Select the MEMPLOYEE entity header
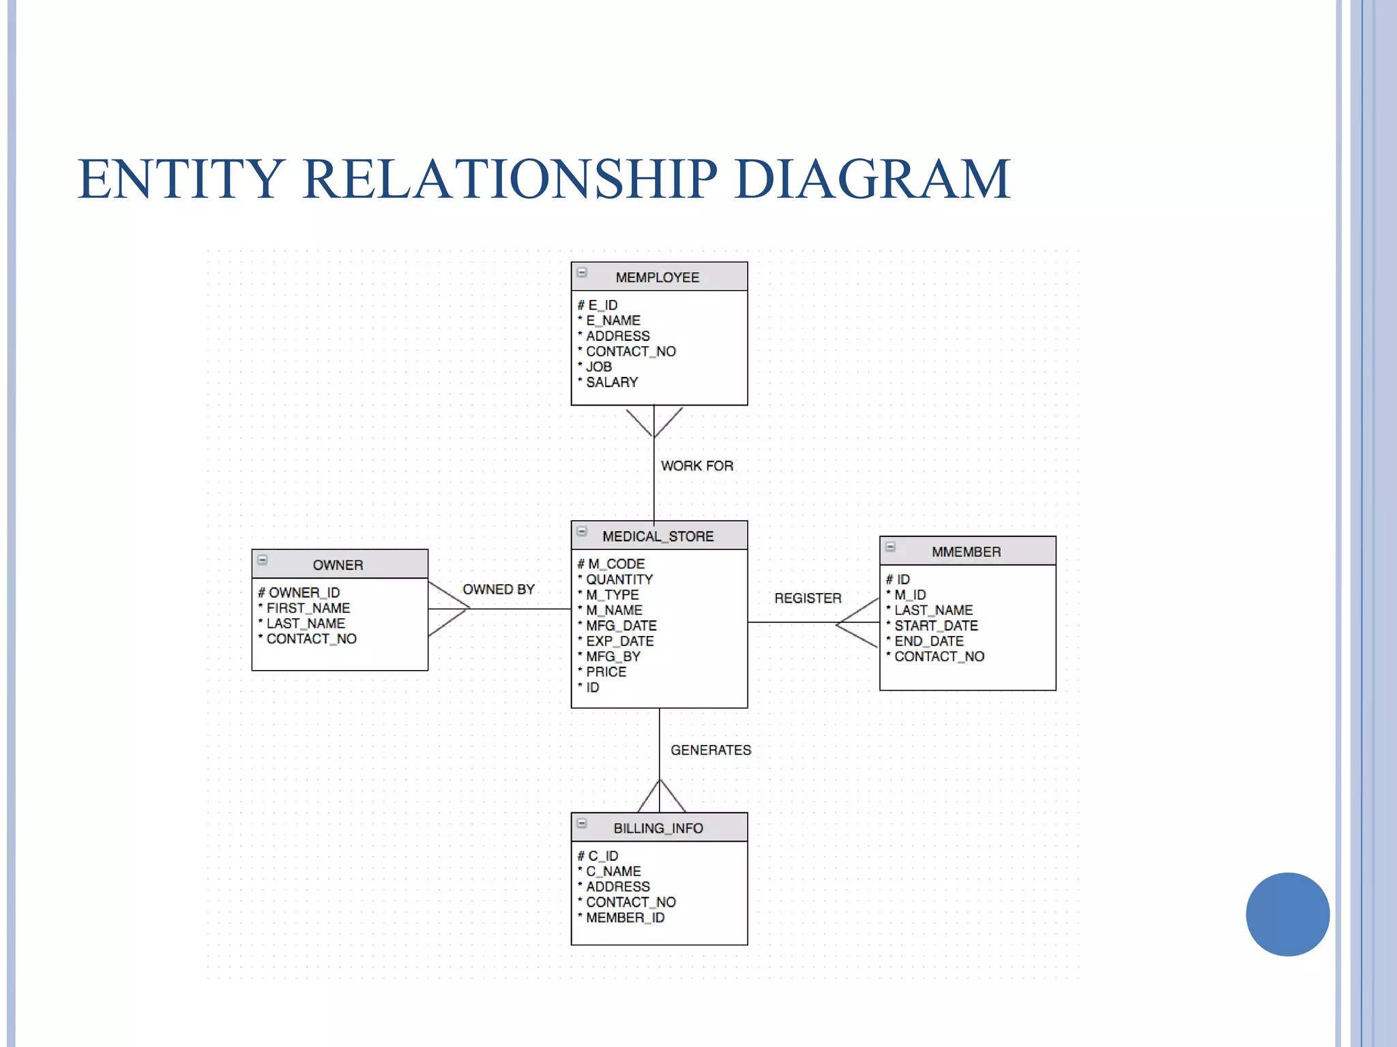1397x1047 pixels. coord(658,277)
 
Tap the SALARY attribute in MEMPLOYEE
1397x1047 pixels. coord(612,382)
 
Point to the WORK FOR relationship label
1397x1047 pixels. coord(696,466)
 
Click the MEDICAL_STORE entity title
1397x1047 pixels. coord(658,536)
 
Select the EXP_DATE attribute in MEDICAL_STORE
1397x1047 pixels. coord(619,641)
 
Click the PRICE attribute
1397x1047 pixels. coord(606,671)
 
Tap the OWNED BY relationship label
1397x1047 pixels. coord(499,589)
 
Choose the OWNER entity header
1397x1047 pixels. coord(338,565)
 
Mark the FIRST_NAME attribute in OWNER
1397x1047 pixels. coord(308,608)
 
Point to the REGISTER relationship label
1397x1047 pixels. coord(808,598)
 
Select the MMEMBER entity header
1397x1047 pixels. coord(966,552)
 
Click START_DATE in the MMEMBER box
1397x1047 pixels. coord(936,625)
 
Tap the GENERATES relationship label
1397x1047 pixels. coord(711,750)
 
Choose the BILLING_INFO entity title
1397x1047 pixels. coord(658,828)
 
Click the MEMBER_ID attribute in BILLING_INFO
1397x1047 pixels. coord(625,917)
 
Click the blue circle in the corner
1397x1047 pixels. coord(1287,914)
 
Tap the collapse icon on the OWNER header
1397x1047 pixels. coord(263,560)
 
